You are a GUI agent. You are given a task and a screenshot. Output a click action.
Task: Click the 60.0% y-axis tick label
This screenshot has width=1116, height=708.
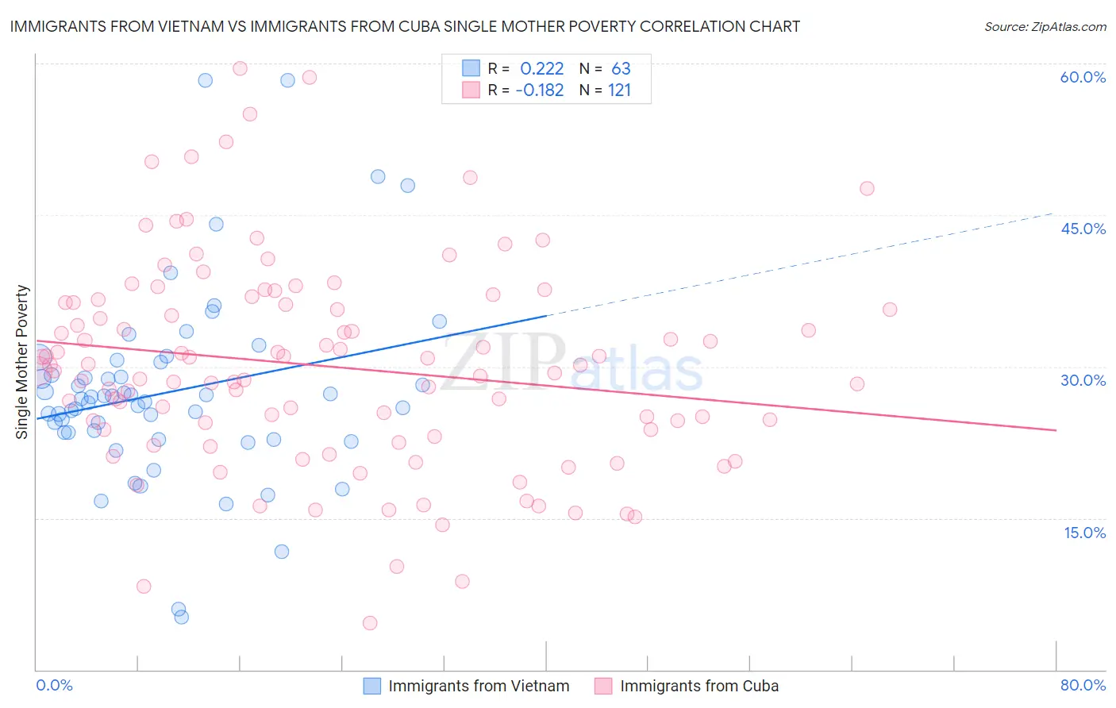(x=1083, y=77)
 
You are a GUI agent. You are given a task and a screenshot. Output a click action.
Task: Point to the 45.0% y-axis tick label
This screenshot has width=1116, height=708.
(x=1083, y=229)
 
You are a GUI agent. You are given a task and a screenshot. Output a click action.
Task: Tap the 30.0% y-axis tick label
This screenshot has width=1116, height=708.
(x=1083, y=380)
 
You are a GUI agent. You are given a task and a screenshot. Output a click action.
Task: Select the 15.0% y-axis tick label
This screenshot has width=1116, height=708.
(x=1084, y=533)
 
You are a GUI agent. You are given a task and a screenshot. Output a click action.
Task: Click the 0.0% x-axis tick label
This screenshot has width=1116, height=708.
(x=54, y=686)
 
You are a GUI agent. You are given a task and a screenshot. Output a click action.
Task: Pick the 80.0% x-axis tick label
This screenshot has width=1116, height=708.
(x=1083, y=686)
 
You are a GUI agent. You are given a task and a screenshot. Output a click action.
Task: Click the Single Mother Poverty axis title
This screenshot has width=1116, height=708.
(x=22, y=362)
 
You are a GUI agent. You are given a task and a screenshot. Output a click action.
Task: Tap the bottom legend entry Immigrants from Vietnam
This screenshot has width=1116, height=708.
(x=478, y=686)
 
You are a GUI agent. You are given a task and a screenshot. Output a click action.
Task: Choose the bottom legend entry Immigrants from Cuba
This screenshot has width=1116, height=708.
(x=698, y=686)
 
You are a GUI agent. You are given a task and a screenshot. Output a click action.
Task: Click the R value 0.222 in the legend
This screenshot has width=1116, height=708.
(x=541, y=69)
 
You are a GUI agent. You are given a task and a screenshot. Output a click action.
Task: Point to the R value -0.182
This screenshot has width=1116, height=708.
(x=539, y=90)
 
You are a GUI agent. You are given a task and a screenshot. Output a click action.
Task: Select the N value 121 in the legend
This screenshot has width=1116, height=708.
(x=619, y=90)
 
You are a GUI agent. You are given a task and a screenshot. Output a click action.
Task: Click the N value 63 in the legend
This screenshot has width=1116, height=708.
(x=621, y=69)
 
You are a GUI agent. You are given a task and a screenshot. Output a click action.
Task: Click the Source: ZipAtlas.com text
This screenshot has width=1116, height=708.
(x=1045, y=27)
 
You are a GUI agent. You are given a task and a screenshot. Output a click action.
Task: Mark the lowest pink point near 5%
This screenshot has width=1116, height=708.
(x=370, y=623)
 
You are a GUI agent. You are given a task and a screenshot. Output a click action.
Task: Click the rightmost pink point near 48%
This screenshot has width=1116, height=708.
(x=867, y=188)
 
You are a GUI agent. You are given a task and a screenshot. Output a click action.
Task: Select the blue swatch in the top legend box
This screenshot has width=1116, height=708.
(x=471, y=69)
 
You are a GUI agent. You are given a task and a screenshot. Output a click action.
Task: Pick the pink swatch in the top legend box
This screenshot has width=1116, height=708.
(x=471, y=90)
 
